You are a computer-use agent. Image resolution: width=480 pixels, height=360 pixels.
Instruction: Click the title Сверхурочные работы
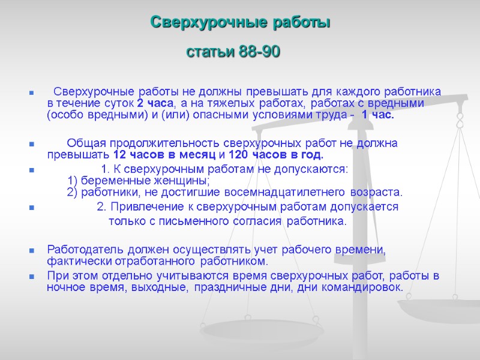(239, 23)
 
